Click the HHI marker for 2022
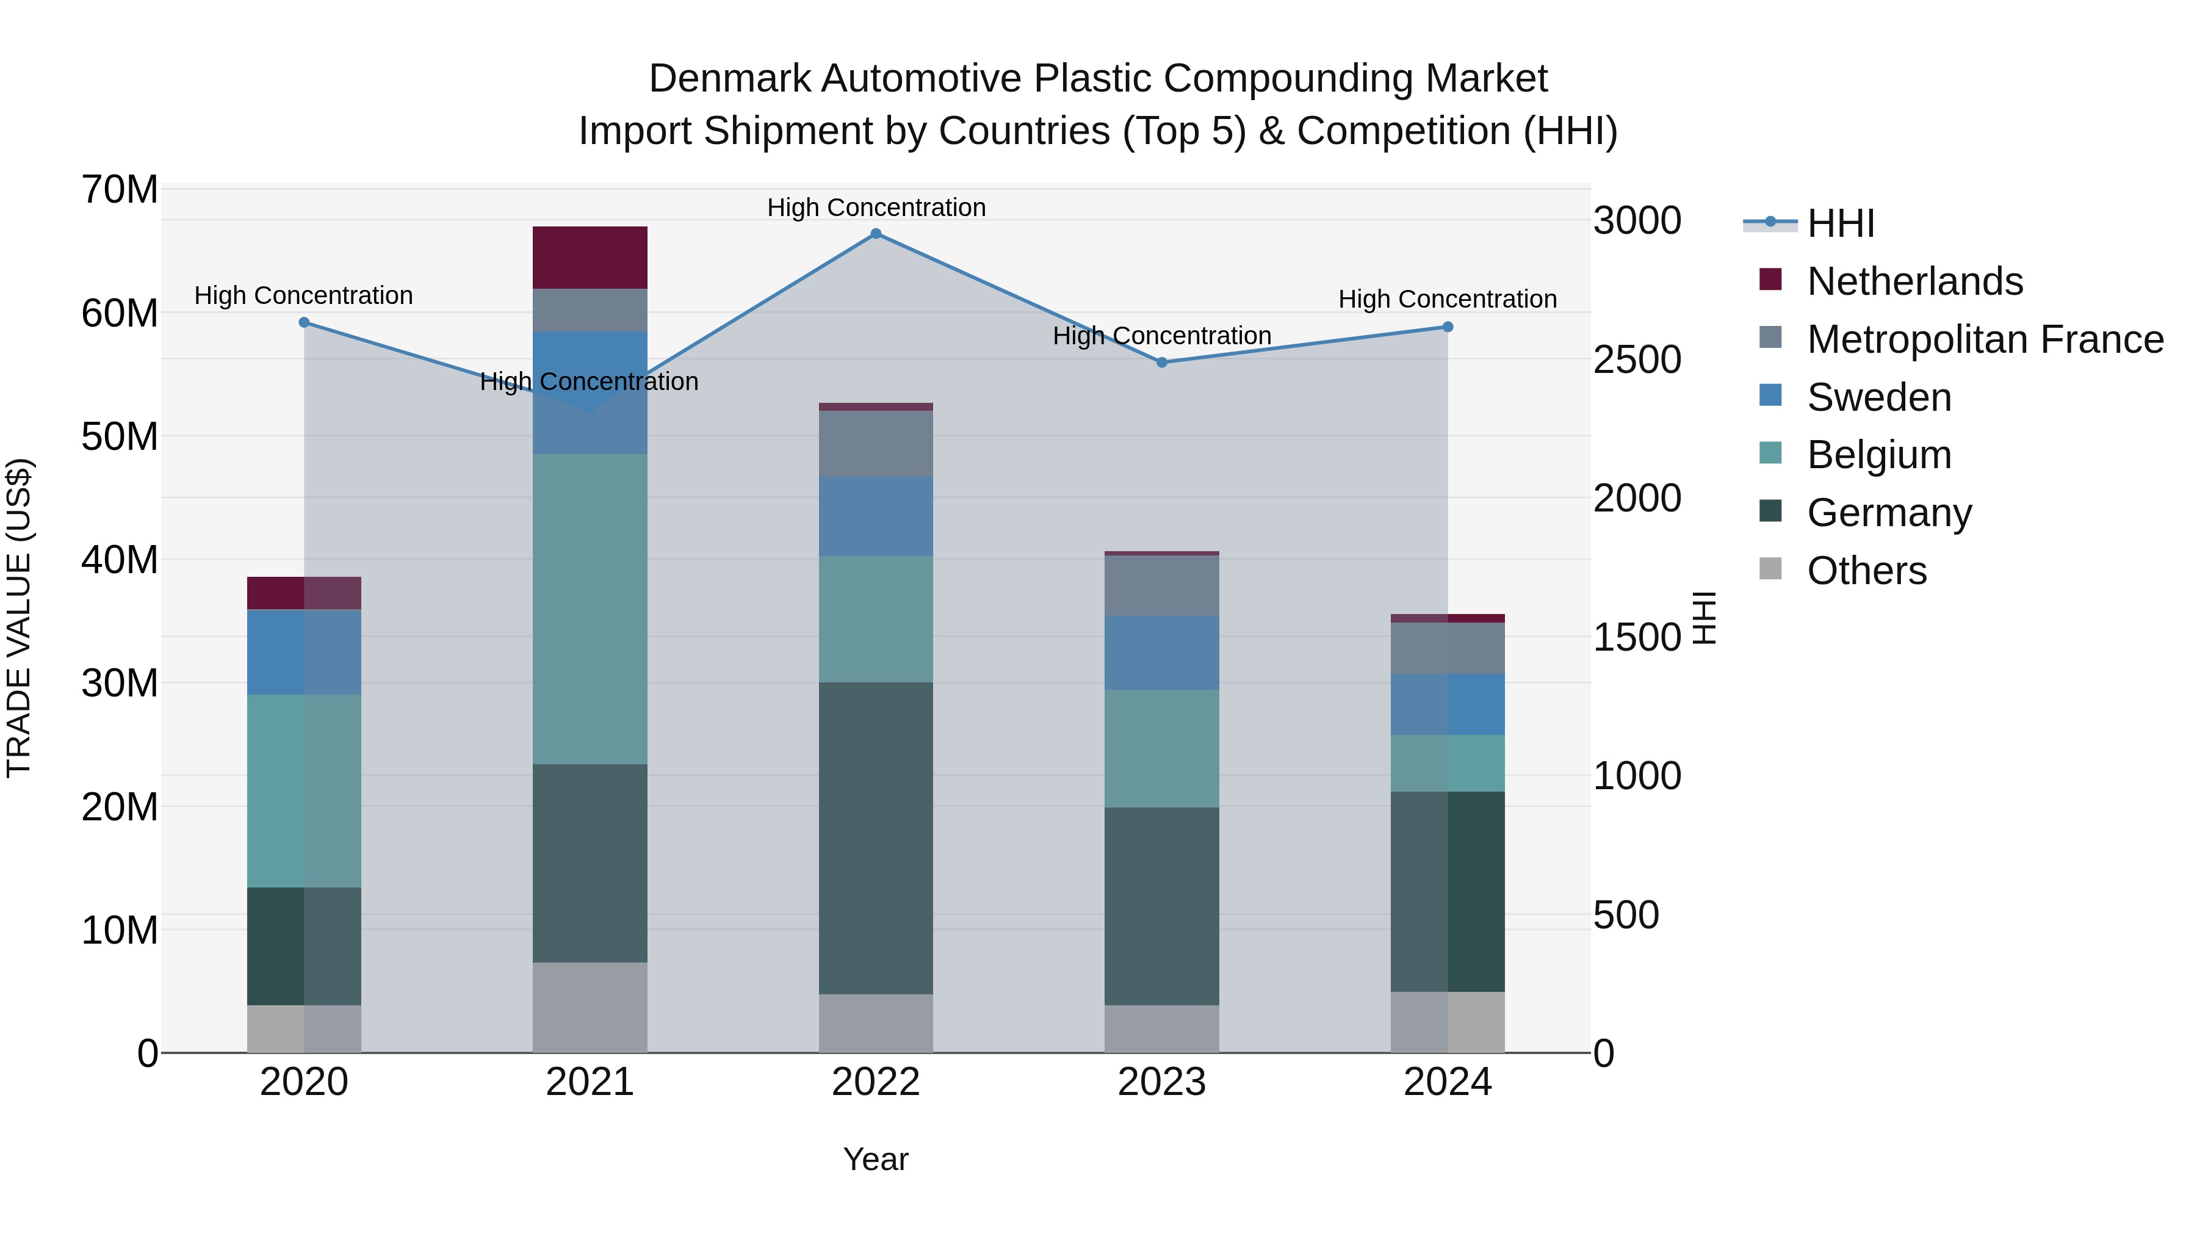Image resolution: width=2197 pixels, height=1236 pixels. click(875, 234)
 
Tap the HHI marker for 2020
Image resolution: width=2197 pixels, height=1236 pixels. click(305, 322)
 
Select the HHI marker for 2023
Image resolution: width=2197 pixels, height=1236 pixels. click(1161, 363)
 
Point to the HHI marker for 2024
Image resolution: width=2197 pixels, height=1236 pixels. click(1448, 327)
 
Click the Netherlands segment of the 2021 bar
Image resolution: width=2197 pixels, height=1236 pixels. click(590, 258)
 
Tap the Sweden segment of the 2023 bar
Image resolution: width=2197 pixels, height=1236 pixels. click(1161, 652)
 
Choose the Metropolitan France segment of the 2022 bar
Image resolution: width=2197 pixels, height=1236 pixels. click(875, 444)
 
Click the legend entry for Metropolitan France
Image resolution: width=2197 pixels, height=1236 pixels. click(1984, 339)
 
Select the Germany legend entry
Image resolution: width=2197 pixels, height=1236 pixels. click(1888, 513)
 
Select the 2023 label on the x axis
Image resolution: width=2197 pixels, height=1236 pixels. click(1161, 1082)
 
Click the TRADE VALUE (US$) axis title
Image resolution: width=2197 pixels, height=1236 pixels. click(20, 618)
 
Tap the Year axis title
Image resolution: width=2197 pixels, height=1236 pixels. click(875, 1159)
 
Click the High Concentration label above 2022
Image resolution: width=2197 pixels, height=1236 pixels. click(876, 208)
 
